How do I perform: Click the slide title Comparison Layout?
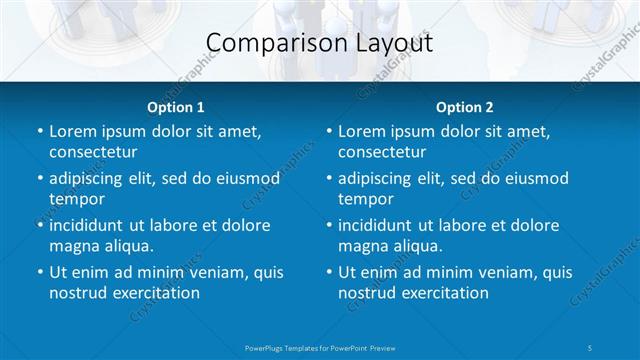(x=319, y=43)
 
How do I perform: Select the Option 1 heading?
(x=175, y=107)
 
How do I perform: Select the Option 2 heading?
(x=464, y=107)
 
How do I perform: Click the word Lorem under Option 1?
(x=72, y=132)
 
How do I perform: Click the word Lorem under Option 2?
(x=361, y=132)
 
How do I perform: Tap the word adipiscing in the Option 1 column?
(x=90, y=179)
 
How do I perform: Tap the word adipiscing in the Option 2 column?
(x=379, y=179)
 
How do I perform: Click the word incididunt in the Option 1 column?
(x=90, y=225)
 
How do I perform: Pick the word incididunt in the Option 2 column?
(x=379, y=225)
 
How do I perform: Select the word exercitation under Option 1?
(x=155, y=293)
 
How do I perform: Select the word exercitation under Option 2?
(x=444, y=293)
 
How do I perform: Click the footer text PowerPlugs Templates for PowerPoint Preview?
(x=319, y=347)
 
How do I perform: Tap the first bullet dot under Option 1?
(x=39, y=132)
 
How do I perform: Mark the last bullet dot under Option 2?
(x=328, y=272)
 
